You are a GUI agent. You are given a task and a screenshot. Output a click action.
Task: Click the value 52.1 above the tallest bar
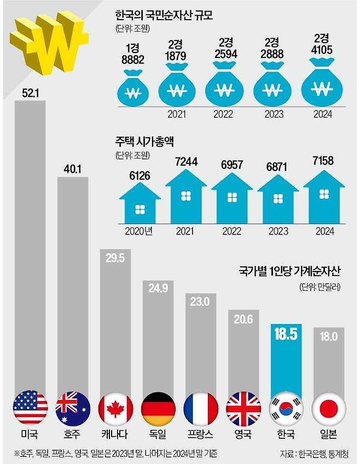[x=30, y=93]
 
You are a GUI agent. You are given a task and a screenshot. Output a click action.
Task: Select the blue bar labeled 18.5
[x=286, y=361]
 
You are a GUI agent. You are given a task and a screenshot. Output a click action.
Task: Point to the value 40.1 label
[x=72, y=169]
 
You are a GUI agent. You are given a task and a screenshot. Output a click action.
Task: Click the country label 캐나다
[x=115, y=436]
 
